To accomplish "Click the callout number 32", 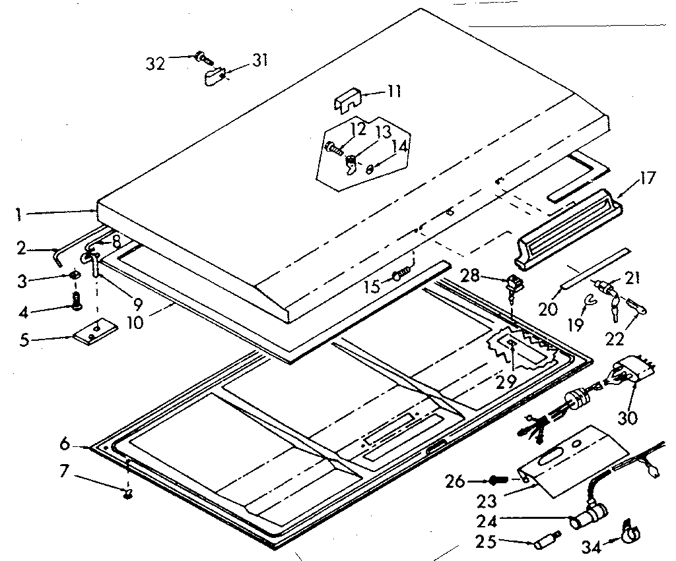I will pyautogui.click(x=155, y=63).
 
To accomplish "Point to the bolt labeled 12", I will pyautogui.click(x=333, y=148).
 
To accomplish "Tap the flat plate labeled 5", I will pyautogui.click(x=95, y=332).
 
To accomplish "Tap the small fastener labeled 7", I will pyautogui.click(x=128, y=492).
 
